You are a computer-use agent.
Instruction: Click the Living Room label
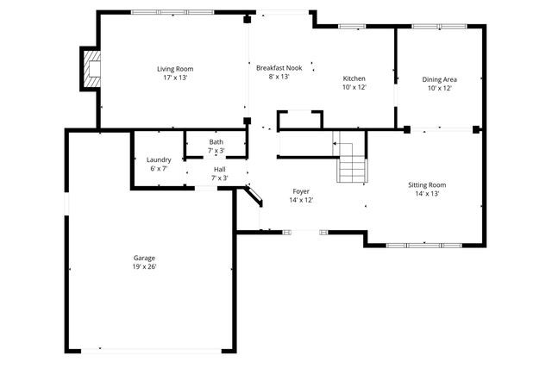[x=175, y=69]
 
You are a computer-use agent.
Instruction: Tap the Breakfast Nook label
[x=279, y=67]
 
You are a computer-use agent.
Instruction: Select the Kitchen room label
[x=354, y=78]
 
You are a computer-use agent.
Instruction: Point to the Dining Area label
[x=438, y=79]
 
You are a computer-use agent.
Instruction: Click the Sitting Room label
[x=427, y=184]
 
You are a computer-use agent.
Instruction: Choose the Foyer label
[x=300, y=190]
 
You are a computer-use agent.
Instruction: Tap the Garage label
[x=144, y=258]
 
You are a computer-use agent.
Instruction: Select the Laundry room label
[x=159, y=159]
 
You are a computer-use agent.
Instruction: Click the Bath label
[x=216, y=142]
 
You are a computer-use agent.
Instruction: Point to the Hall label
[x=219, y=170]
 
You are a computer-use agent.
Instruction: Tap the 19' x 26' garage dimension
[x=144, y=266]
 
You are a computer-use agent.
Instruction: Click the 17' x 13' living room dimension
[x=175, y=78]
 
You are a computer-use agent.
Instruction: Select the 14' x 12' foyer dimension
[x=300, y=199]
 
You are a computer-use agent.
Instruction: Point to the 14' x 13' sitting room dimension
[x=427, y=193]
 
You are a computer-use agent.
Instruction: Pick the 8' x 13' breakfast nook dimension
[x=279, y=76]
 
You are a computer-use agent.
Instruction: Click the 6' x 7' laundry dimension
[x=159, y=168]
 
